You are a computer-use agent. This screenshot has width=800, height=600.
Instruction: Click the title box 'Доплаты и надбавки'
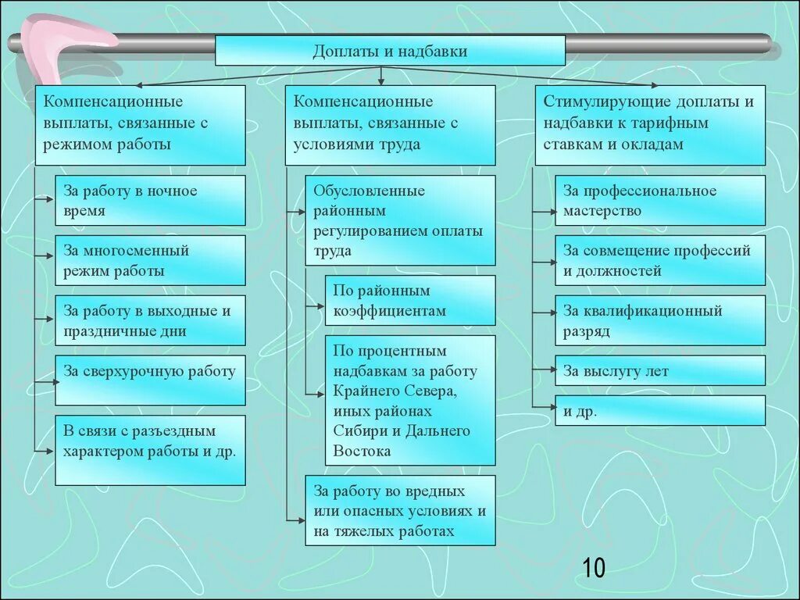[390, 51]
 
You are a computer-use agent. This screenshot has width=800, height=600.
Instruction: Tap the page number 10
[593, 568]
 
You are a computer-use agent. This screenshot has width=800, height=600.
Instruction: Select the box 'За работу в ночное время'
[150, 201]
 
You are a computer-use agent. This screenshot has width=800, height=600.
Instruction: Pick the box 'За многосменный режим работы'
[150, 261]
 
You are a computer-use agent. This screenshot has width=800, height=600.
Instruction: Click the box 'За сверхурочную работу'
[150, 380]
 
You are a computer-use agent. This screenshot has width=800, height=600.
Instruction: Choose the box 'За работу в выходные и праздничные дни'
[150, 320]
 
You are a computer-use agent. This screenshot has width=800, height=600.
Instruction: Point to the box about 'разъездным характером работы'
[150, 450]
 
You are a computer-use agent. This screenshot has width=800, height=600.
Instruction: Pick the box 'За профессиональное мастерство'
[660, 201]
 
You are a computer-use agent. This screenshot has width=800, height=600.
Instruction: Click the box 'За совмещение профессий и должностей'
[660, 261]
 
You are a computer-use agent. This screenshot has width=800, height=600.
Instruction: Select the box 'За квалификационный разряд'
[660, 320]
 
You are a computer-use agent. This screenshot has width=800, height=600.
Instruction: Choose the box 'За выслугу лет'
[660, 371]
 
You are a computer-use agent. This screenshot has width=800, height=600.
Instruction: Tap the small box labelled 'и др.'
[660, 411]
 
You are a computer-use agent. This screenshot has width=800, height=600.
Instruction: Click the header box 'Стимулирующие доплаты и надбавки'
[650, 125]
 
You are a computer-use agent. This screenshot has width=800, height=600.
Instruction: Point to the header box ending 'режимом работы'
[140, 125]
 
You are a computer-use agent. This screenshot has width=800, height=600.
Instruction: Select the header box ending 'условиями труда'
[390, 125]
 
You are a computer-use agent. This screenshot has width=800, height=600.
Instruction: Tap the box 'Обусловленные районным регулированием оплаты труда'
[400, 220]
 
